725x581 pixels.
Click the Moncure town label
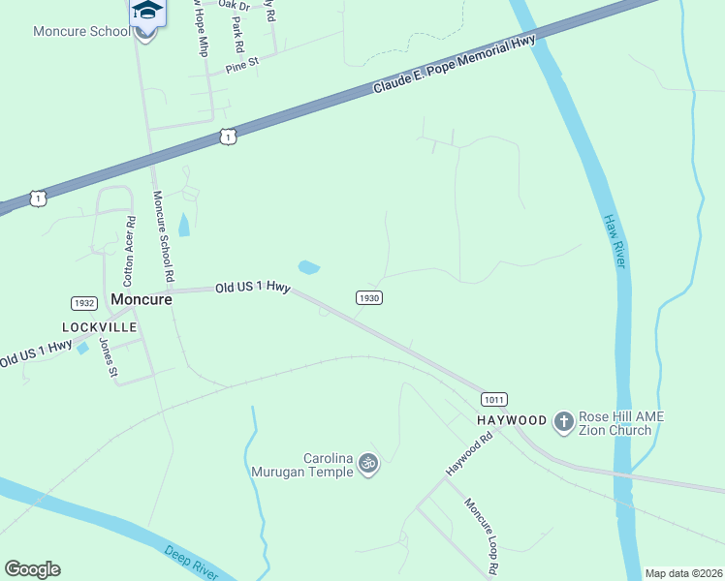pos(142,299)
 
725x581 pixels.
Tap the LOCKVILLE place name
pos(100,327)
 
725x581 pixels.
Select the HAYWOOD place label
pos(512,420)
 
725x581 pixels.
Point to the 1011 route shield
pos(494,399)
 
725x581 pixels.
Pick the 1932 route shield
pos(83,302)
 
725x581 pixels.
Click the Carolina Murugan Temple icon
pos(367,465)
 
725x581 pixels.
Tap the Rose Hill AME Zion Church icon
pos(564,421)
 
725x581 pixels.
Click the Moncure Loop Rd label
pos(481,536)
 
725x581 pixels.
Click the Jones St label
pos(110,357)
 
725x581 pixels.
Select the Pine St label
pos(242,66)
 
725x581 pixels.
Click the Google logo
pos(32,569)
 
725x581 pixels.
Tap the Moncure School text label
pos(81,31)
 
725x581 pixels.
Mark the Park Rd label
pos(237,34)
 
